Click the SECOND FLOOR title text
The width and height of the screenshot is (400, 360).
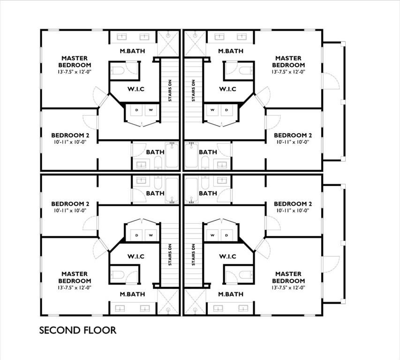tap(77, 330)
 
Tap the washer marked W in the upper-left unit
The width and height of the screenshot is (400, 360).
tap(151, 111)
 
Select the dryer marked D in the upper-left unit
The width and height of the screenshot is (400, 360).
tap(137, 111)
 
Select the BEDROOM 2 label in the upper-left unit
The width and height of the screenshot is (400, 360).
tap(70, 135)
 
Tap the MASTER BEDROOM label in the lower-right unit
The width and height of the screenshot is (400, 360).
tap(288, 277)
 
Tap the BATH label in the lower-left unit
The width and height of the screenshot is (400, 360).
tap(155, 193)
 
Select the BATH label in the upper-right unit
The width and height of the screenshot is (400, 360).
tap(208, 152)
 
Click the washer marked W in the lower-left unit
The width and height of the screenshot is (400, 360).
tap(151, 234)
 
